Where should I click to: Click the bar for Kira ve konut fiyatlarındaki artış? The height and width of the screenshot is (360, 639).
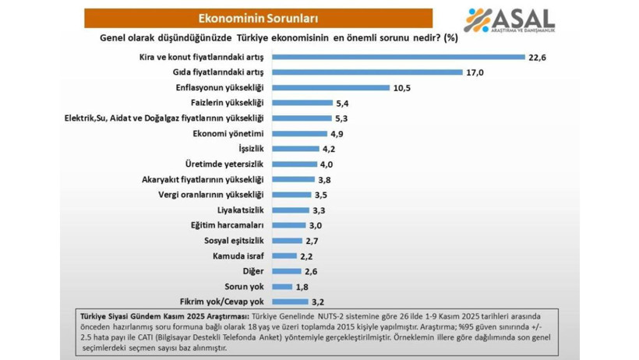(x=397, y=57)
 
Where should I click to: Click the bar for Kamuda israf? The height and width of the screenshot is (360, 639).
(x=284, y=256)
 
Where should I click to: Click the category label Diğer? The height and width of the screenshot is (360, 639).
(x=254, y=271)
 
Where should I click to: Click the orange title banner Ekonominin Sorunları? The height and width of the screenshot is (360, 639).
(x=258, y=18)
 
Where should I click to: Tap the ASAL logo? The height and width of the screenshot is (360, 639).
(x=510, y=20)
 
